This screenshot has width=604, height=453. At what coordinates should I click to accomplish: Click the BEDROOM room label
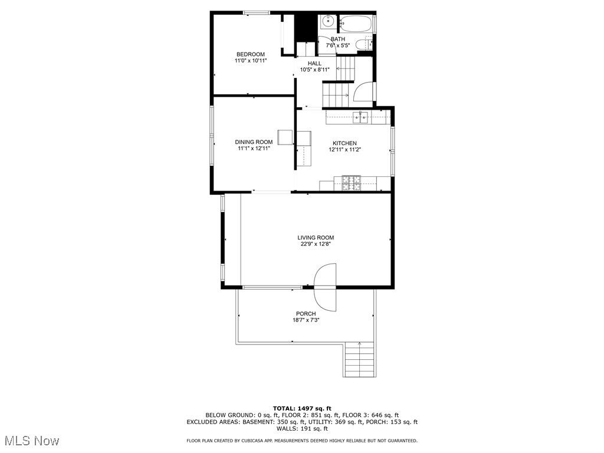pyautogui.click(x=250, y=54)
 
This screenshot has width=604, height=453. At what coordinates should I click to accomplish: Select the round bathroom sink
pyautogui.click(x=327, y=23)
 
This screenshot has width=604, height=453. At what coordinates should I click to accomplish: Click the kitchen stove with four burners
pyautogui.click(x=352, y=182)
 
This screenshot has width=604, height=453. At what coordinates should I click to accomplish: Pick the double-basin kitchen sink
pyautogui.click(x=360, y=117)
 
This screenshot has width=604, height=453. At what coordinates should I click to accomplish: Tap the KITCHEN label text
pyautogui.click(x=344, y=143)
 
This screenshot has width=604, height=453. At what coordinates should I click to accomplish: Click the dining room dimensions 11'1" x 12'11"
pyautogui.click(x=254, y=149)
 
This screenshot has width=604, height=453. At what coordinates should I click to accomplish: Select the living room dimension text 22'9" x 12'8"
pyautogui.click(x=316, y=244)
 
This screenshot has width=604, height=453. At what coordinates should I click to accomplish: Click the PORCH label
pyautogui.click(x=306, y=314)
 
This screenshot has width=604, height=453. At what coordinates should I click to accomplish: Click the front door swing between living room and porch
pyautogui.click(x=325, y=287)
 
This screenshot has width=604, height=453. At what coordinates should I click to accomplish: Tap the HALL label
pyautogui.click(x=314, y=63)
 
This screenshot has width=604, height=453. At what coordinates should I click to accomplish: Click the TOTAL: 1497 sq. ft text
pyautogui.click(x=302, y=408)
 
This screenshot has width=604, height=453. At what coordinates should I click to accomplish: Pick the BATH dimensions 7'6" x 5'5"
pyautogui.click(x=338, y=45)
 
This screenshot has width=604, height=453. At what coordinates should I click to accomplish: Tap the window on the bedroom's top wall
pyautogui.click(x=257, y=12)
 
